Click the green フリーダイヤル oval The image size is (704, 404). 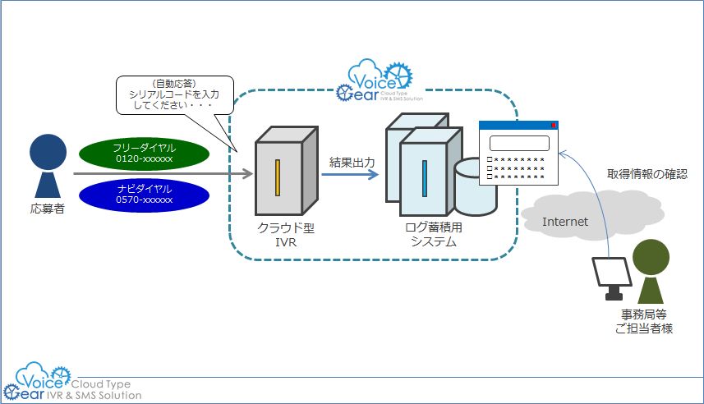[143, 153]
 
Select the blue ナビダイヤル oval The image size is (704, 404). [143, 194]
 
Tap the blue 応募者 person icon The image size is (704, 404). [46, 168]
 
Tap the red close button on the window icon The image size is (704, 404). [554, 126]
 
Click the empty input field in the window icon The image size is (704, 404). [519, 143]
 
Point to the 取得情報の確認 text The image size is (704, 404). [646, 174]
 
